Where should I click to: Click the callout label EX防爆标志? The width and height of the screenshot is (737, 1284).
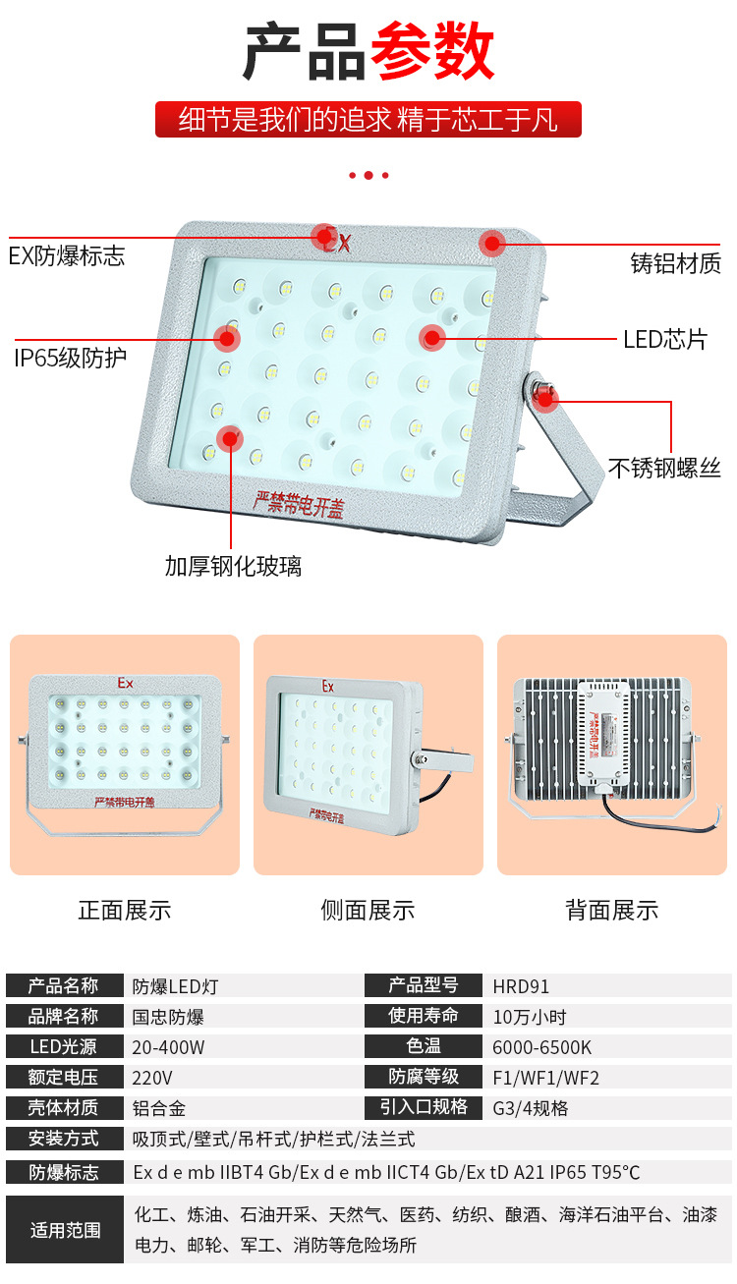[67, 255]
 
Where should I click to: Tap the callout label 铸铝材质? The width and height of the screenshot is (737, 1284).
[675, 263]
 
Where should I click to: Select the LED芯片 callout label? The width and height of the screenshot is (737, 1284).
[664, 339]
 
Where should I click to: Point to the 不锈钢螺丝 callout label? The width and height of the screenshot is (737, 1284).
[664, 468]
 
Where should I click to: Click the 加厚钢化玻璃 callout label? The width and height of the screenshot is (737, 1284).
[233, 566]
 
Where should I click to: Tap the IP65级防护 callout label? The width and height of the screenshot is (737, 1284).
[70, 358]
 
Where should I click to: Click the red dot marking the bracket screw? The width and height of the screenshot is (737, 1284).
[544, 400]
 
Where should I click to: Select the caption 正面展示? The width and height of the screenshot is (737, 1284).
[125, 911]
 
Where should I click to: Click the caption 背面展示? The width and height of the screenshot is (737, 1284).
[612, 911]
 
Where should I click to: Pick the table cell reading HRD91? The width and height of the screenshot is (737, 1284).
[521, 986]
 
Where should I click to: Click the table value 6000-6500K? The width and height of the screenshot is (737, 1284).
[541, 1047]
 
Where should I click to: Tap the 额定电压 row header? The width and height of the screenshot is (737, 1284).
[65, 1078]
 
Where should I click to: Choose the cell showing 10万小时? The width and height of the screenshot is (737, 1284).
[530, 1017]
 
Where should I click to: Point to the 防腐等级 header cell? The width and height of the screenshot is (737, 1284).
[424, 1077]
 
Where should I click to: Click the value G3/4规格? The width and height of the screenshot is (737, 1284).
[531, 1108]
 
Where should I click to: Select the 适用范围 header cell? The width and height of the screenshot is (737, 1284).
[65, 1230]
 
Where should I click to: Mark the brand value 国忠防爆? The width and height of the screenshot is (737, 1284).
[168, 1017]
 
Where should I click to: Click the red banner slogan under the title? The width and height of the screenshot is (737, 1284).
[368, 119]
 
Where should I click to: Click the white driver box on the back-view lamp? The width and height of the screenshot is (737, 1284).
[604, 733]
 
